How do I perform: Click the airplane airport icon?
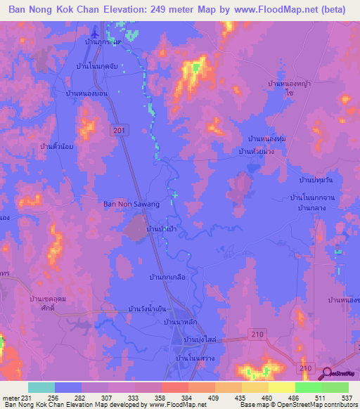pyautogui.click(x=96, y=34)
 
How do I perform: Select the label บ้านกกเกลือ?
pyautogui.click(x=168, y=278)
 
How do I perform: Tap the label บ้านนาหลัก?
pyautogui.click(x=179, y=322)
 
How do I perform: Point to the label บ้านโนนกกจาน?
pyautogui.click(x=316, y=199)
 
